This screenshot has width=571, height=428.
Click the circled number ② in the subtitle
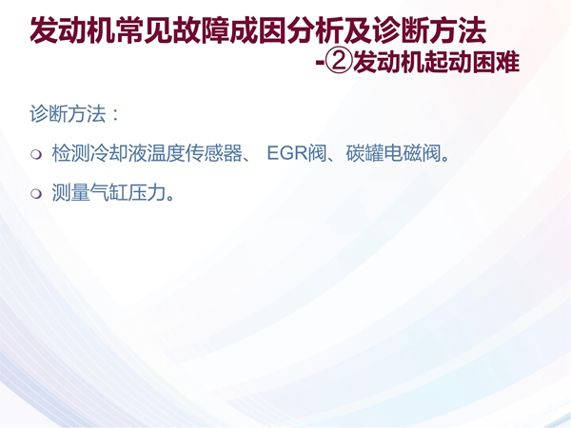pyautogui.click(x=339, y=62)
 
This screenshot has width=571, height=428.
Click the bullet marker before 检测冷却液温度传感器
pyautogui.click(x=36, y=154)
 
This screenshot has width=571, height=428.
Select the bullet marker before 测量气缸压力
pyautogui.click(x=36, y=193)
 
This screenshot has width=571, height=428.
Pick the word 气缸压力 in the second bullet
pyautogui.click(x=128, y=192)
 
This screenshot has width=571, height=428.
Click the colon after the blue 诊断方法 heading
pyautogui.click(x=116, y=114)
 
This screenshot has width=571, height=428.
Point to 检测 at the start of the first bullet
pyautogui.click(x=70, y=152)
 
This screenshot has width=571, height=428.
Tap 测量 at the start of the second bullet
pyautogui.click(x=70, y=192)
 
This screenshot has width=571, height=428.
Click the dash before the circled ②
pyautogui.click(x=320, y=62)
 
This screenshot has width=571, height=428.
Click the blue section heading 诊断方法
pyautogui.click(x=68, y=114)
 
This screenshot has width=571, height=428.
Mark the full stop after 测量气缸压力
pyautogui.click(x=170, y=198)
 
